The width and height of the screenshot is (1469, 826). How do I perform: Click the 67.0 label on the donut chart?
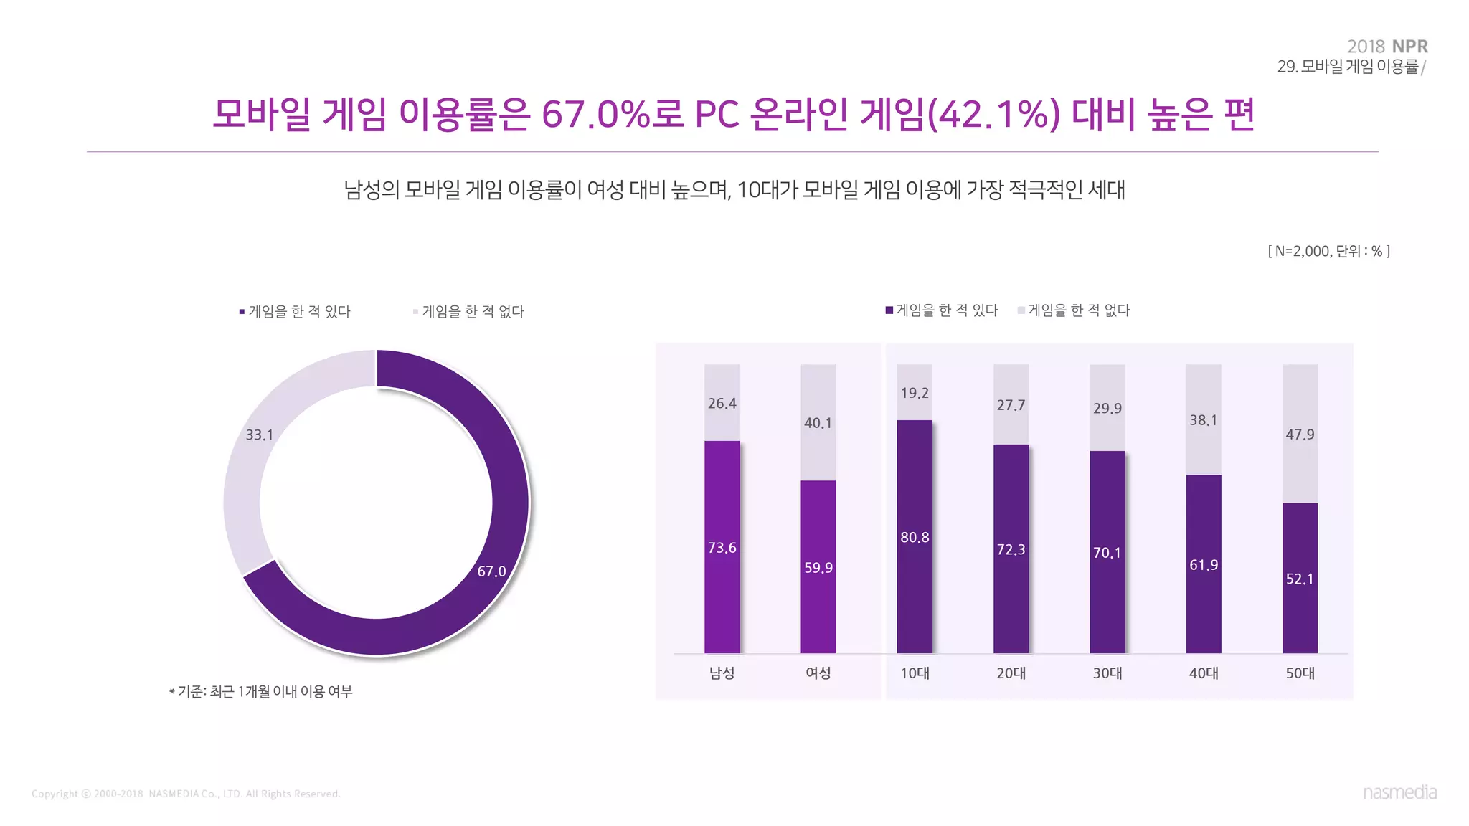(491, 571)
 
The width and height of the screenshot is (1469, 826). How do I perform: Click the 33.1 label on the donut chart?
(260, 435)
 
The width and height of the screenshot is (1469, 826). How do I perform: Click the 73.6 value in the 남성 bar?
(722, 548)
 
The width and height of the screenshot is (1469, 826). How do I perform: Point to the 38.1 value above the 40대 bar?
(1203, 420)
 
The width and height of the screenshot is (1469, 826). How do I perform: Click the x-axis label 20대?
(1011, 673)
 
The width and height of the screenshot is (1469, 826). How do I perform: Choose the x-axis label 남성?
(722, 673)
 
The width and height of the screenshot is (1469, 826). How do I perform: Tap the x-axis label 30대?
(1107, 673)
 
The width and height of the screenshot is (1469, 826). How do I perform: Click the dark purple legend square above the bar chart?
(889, 310)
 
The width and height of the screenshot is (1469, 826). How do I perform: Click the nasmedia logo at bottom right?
(1399, 792)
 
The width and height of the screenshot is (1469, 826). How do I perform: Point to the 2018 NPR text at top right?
(1387, 47)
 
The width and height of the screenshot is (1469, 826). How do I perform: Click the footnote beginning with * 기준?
(261, 692)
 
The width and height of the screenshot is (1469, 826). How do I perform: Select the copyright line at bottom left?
(186, 794)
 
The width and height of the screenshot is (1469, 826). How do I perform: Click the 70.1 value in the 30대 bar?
(1107, 553)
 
